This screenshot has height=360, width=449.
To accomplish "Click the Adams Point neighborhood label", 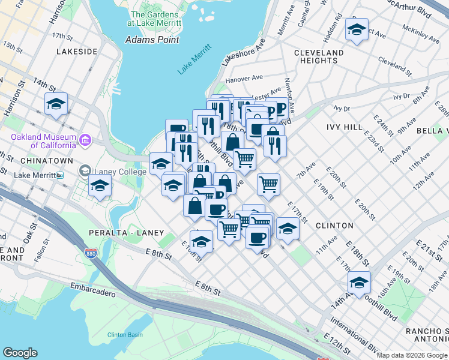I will coord(152,40).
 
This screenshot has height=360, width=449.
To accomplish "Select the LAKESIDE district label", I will coord(77,52).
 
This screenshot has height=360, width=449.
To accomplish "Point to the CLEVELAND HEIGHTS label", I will coord(319,56).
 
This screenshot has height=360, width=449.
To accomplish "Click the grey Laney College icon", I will coord(85,172).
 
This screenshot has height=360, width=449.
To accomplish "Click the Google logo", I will coord(20,353).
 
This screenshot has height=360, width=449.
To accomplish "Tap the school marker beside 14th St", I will coord(56,104).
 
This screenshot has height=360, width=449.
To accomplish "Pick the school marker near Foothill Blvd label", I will coord(359,281).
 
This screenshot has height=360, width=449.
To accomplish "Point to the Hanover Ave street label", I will coord(244,79).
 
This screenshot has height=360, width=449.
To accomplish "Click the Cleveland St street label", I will coord(394,67).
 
